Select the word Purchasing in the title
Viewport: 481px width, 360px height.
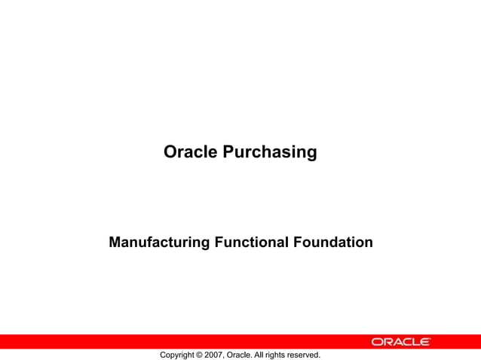click(x=270, y=153)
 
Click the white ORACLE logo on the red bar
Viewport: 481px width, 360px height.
click(x=401, y=342)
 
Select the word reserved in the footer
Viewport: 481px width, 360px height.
click(x=310, y=355)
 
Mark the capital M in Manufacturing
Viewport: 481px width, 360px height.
click(x=115, y=243)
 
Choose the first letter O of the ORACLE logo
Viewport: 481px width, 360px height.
click(x=376, y=342)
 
